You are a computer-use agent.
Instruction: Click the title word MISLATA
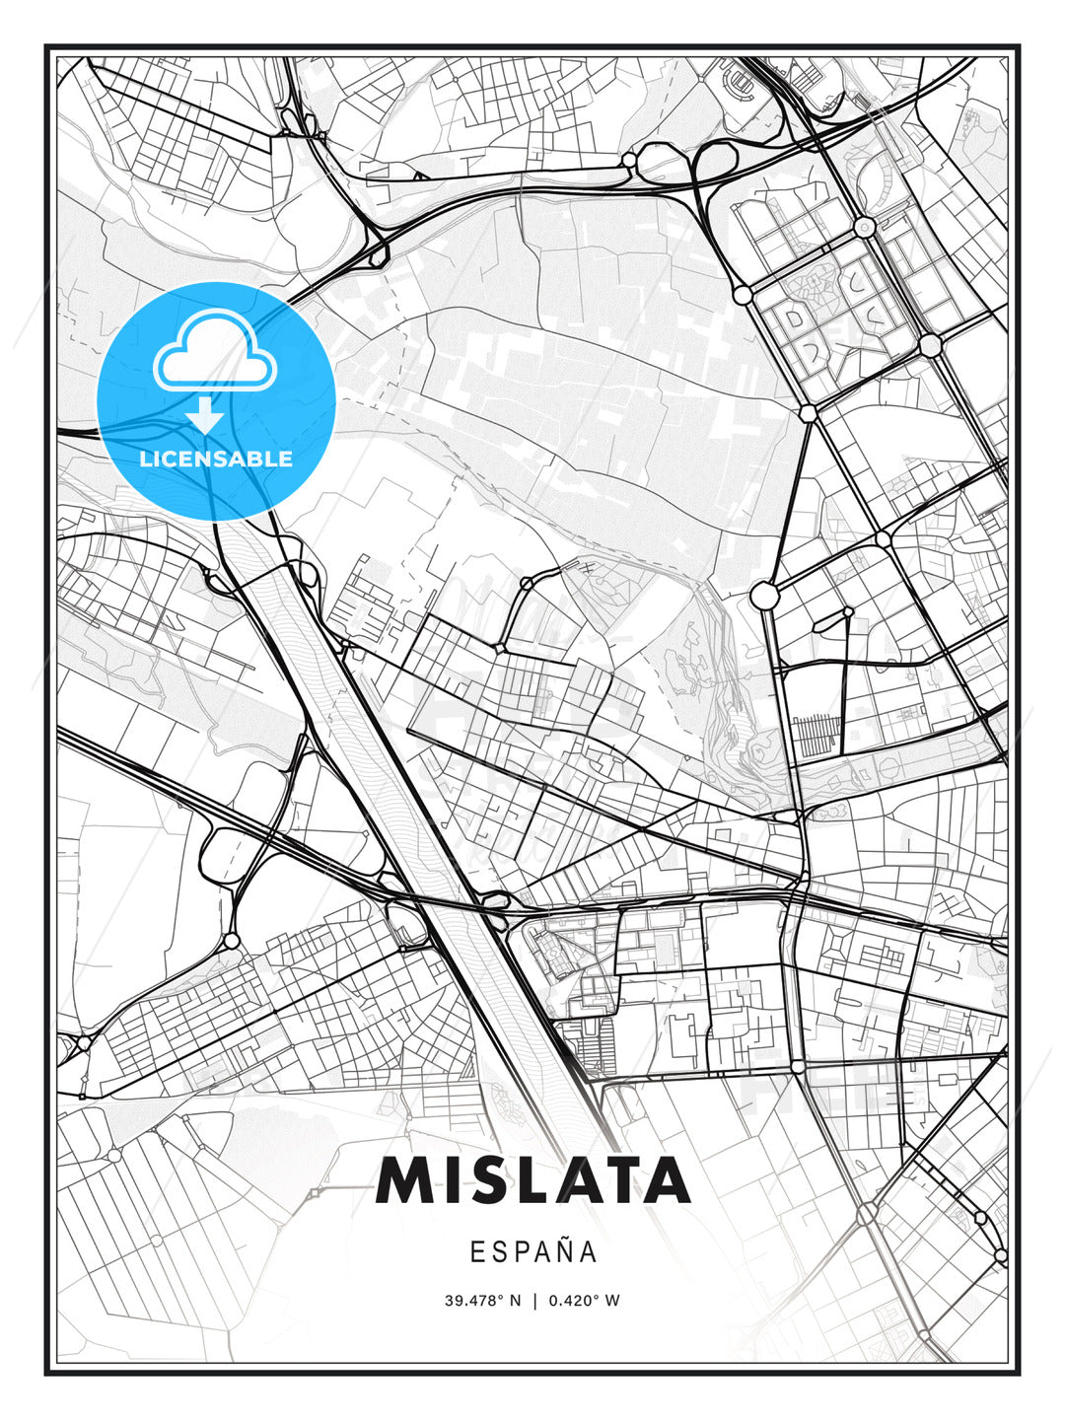[x=532, y=1179]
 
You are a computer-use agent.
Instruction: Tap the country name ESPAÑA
[x=533, y=1252]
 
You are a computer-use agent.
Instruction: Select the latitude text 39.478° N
[x=482, y=1301]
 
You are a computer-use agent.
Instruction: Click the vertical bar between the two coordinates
[x=533, y=1301]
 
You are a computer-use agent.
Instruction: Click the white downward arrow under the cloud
[x=205, y=416]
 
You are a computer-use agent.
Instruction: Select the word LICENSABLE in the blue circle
[x=216, y=459]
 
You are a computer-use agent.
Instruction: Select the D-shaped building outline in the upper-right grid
[x=792, y=318]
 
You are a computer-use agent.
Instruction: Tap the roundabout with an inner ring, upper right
[x=866, y=228]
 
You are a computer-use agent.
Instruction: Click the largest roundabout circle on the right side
[x=764, y=596]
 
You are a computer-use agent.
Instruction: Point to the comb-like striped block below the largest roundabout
[x=815, y=735]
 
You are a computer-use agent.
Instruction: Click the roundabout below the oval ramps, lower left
[x=232, y=941]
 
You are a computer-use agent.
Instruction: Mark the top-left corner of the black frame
[x=46, y=46]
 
